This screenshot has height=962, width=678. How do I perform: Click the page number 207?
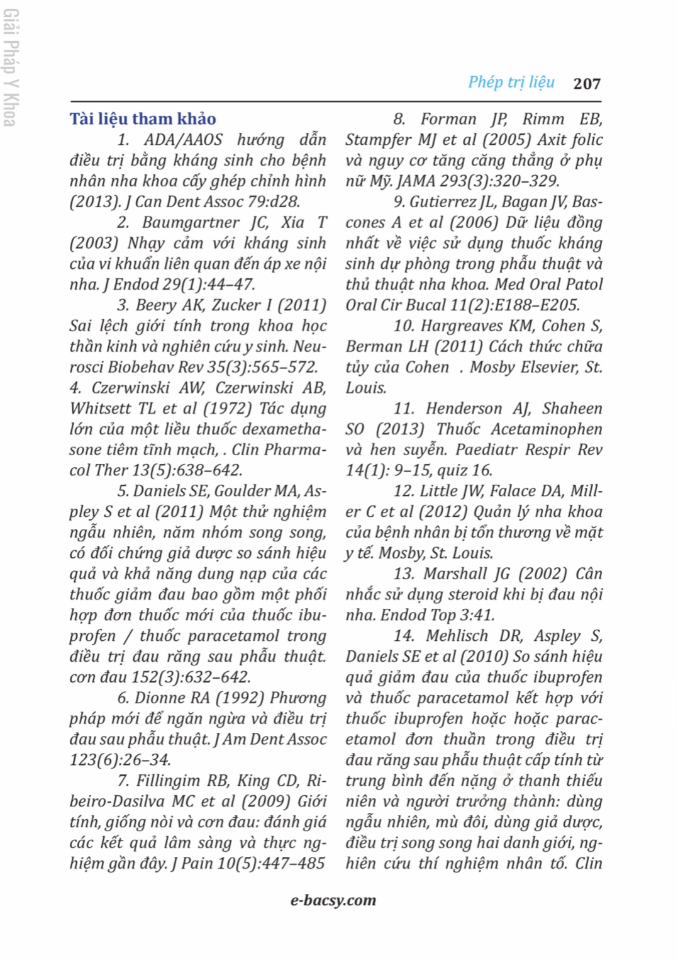(587, 83)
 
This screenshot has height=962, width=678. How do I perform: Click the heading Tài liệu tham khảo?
(143, 119)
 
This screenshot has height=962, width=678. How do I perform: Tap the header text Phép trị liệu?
(511, 82)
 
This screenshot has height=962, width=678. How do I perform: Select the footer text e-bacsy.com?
(333, 900)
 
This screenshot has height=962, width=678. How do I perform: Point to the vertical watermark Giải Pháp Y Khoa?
(11, 68)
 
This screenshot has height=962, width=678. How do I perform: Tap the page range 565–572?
(284, 367)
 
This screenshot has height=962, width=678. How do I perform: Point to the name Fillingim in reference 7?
(168, 781)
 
